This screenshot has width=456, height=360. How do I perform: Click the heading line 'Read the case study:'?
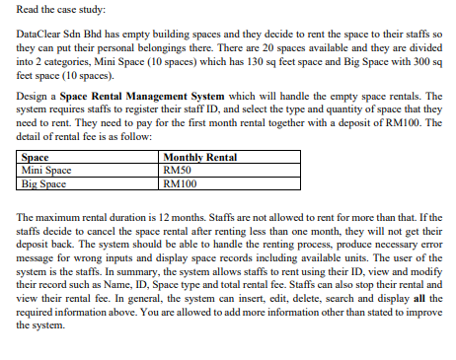(x=55, y=10)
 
